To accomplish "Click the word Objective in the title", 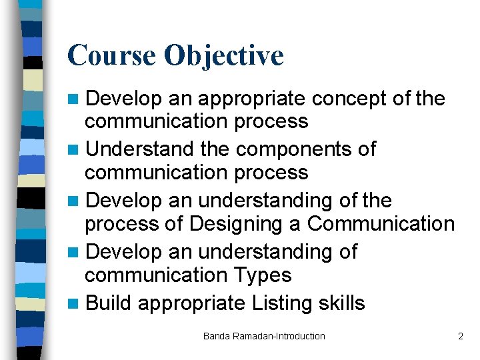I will (x=224, y=56).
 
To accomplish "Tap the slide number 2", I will (x=460, y=336).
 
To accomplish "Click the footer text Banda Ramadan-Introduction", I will (x=264, y=336).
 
